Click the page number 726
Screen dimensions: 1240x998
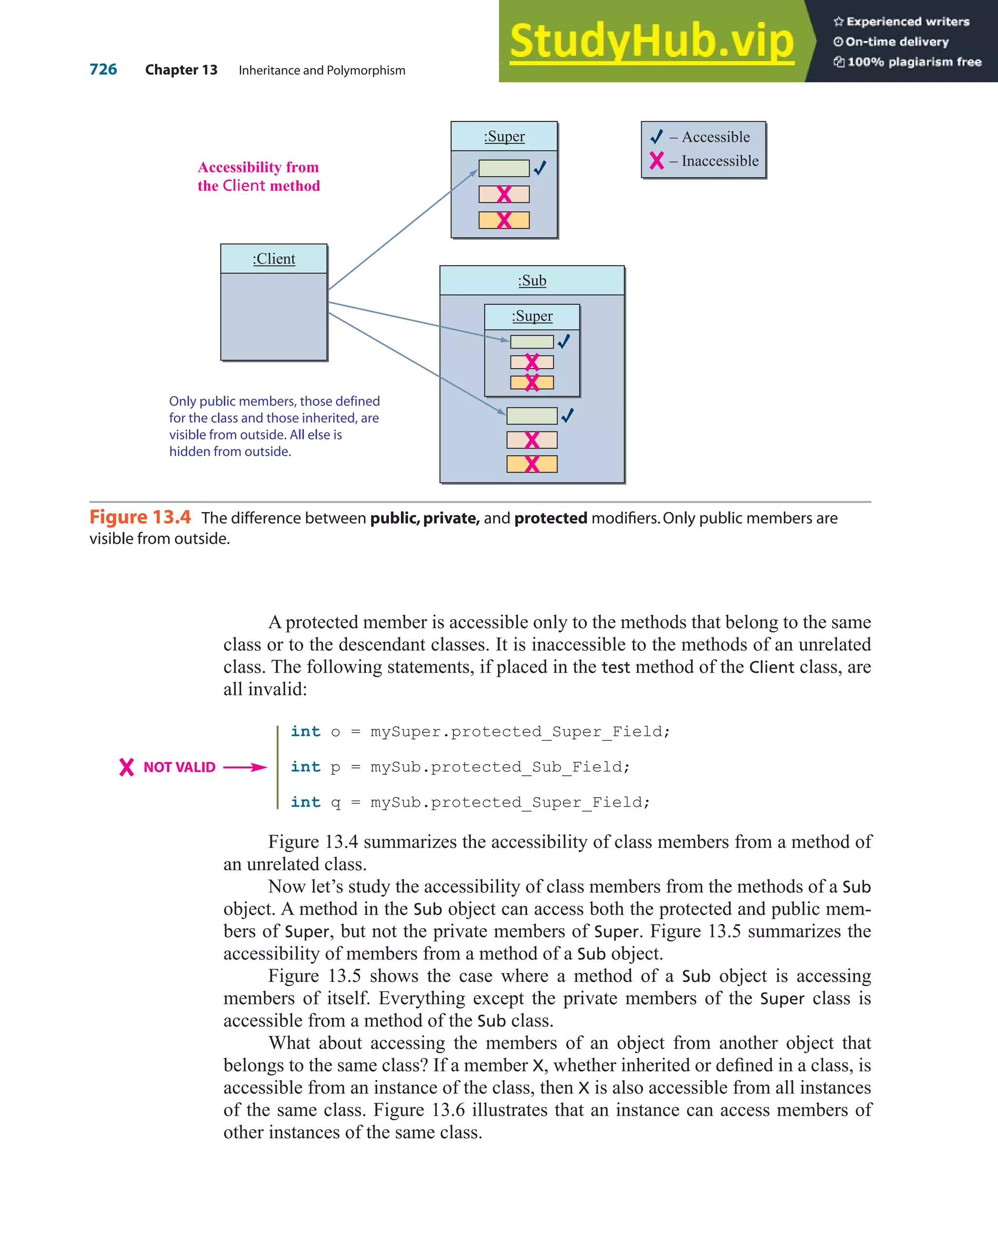tap(103, 70)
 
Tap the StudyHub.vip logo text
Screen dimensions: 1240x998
tap(651, 41)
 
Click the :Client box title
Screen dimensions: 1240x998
tap(274, 259)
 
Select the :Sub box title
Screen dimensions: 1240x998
tap(532, 281)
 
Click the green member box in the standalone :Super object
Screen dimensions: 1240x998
tap(503, 169)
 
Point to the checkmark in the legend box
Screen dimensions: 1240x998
tap(656, 137)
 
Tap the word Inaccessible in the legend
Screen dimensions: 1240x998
tap(720, 161)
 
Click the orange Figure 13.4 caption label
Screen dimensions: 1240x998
tap(140, 517)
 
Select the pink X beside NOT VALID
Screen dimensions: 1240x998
tap(127, 767)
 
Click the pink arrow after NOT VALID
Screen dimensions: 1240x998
tap(245, 767)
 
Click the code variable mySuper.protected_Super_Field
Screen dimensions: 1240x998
tap(519, 732)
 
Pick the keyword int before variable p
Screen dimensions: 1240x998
tap(305, 767)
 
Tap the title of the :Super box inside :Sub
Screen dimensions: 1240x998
tap(532, 316)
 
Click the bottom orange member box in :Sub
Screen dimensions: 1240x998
tap(532, 463)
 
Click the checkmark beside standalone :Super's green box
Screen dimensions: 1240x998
tap(539, 168)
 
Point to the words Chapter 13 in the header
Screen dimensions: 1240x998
tap(181, 70)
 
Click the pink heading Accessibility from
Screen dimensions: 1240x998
tap(258, 168)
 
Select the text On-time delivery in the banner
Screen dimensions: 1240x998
tap(896, 42)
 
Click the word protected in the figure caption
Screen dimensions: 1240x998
tap(551, 518)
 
